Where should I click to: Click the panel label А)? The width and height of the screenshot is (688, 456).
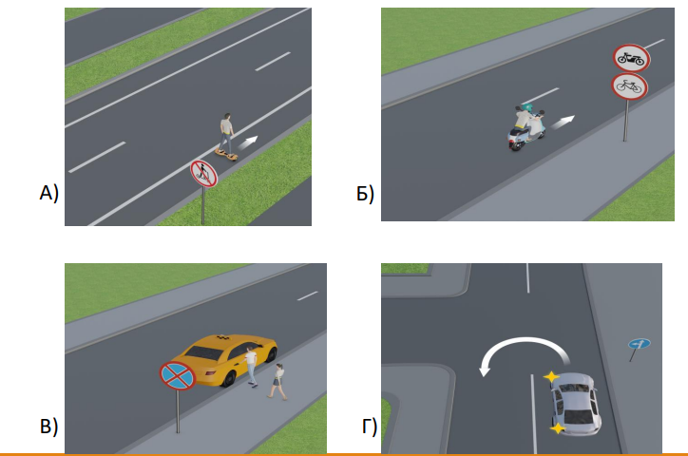pos(48,193)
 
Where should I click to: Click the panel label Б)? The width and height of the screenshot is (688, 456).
pos(365,194)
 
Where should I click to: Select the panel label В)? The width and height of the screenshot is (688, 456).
pos(48,427)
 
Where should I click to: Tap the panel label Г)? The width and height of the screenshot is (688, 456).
pos(370,427)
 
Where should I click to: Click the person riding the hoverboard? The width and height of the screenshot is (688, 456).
pos(226,132)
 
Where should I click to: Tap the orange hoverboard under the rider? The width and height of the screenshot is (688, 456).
pos(226,154)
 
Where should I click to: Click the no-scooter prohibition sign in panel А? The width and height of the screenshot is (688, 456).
pos(203,174)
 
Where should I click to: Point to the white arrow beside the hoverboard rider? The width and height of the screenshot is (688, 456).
pos(248,142)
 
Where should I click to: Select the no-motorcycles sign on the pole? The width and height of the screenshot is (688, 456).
pos(631,58)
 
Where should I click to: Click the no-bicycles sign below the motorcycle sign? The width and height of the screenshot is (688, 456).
pos(629,86)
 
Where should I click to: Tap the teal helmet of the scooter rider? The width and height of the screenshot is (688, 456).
pos(527,108)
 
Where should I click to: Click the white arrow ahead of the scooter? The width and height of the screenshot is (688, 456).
pos(563,122)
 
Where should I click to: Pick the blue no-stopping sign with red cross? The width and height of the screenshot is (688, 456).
pos(178,376)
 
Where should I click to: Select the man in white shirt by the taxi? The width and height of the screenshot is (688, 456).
pos(251,367)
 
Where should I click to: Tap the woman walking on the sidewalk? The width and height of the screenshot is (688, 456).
pos(277,382)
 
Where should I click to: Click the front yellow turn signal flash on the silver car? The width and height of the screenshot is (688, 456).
pos(551,376)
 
